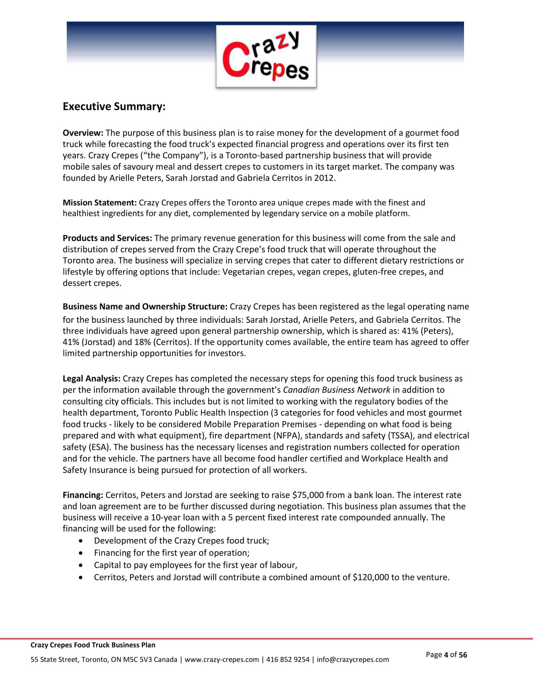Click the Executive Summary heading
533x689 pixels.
pos(114,106)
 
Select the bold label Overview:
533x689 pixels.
pos(83,133)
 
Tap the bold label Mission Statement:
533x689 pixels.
pos(99,203)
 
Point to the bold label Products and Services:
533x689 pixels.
pos(107,238)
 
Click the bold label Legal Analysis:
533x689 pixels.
pos(91,379)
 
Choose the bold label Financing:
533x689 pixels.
pos(83,495)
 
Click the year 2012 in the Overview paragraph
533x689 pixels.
pos(324,178)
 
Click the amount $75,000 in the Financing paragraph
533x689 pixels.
pos(308,495)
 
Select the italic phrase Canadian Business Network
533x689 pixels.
pos(337,390)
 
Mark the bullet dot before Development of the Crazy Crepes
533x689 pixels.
pos(82,541)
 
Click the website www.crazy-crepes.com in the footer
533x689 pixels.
pos(222,660)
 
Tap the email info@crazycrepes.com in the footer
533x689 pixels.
pos(353,660)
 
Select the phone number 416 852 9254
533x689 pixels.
pos(288,660)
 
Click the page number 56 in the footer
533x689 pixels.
pos(463,655)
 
